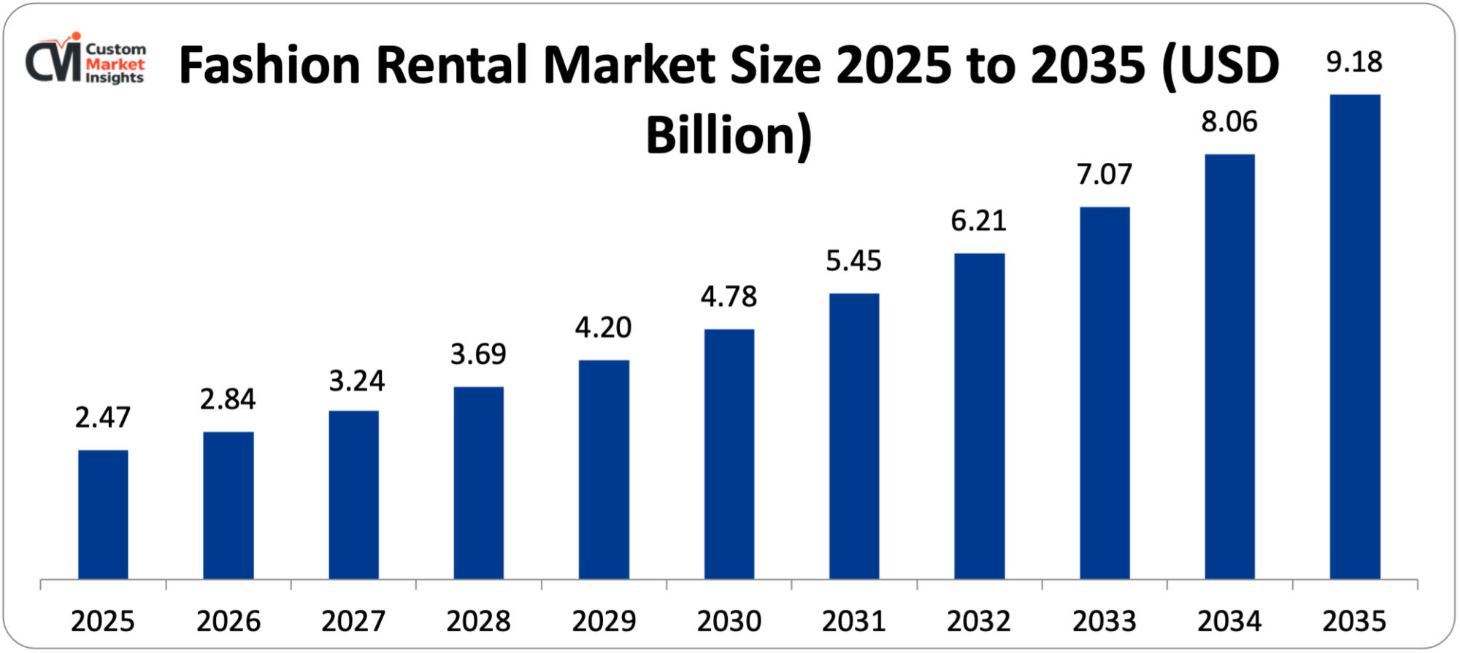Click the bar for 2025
103,514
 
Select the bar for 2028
478,483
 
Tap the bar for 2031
854,436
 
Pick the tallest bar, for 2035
1355,337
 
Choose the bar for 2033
1104,393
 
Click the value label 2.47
103,417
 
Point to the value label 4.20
603,327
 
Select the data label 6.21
978,221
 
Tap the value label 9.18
1354,62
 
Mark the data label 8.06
1229,122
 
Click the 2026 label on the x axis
228,621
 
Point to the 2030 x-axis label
729,621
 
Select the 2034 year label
1229,621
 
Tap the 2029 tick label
604,621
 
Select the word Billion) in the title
729,136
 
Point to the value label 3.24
356,381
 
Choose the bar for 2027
353,494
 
